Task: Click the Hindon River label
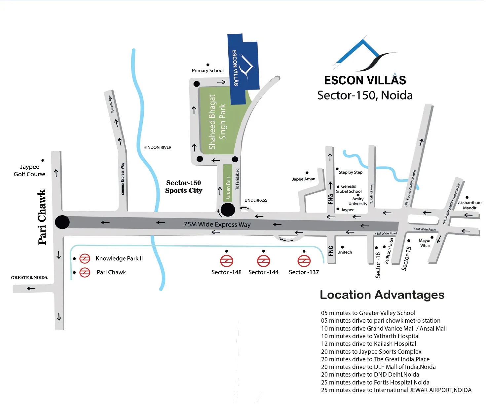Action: [x=157, y=147]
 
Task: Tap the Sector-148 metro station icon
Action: [x=227, y=261]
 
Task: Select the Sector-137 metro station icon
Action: [x=304, y=261]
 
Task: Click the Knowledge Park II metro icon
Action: [x=85, y=259]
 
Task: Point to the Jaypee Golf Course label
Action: [x=29, y=171]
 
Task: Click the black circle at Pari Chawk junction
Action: [x=62, y=222]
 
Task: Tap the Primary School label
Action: [x=208, y=70]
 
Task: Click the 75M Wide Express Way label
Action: [x=217, y=224]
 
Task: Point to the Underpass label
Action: [x=256, y=200]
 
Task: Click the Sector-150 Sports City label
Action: [x=184, y=187]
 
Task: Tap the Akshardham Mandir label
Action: [x=469, y=205]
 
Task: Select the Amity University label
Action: [x=358, y=201]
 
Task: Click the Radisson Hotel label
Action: [x=389, y=251]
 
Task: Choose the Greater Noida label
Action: [x=29, y=278]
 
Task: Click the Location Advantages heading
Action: [x=382, y=295]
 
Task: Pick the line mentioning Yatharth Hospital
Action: [x=370, y=336]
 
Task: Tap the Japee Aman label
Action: [x=304, y=179]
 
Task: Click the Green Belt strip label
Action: [x=228, y=188]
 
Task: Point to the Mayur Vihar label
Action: [x=425, y=243]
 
